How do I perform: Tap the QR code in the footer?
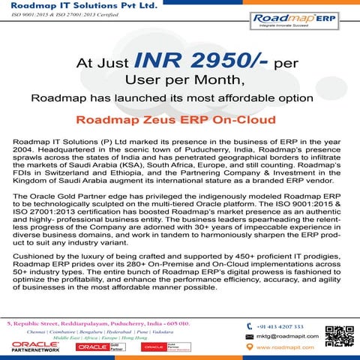click(x=339, y=334)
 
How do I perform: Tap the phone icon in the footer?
click(x=249, y=326)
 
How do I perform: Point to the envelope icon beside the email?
click(x=249, y=337)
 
